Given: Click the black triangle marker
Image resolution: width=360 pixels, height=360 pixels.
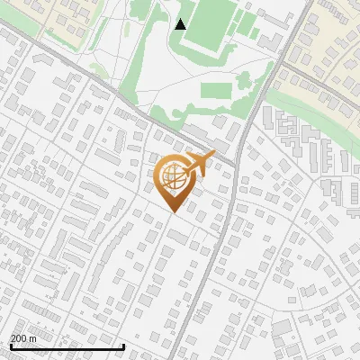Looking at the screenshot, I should [181, 24].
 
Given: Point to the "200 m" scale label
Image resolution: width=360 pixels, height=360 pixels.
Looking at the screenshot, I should [22, 338].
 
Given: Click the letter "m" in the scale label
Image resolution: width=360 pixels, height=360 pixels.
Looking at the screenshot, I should [32, 338].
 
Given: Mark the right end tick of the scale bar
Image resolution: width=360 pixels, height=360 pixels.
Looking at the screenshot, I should [123, 346].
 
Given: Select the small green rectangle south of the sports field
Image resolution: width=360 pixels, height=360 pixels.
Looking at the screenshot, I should [214, 90].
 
